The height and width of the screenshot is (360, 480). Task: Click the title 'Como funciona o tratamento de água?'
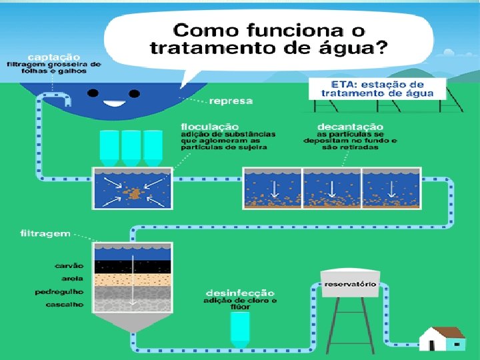pyautogui.click(x=269, y=39)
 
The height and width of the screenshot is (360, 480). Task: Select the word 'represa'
pyautogui.click(x=231, y=101)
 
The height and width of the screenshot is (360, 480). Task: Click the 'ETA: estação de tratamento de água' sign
pyautogui.click(x=377, y=89)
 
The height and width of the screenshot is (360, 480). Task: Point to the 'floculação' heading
pyautogui.click(x=209, y=126)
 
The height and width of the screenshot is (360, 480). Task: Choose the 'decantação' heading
pyautogui.click(x=350, y=126)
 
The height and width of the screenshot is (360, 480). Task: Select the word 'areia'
pyautogui.click(x=73, y=279)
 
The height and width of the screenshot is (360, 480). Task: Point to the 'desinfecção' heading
pyautogui.click(x=240, y=293)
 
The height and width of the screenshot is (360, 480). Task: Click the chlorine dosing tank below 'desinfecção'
pyautogui.click(x=240, y=328)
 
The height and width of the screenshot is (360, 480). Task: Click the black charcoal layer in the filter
pyautogui.click(x=133, y=266)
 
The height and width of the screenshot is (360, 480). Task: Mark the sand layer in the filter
pyautogui.click(x=133, y=279)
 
